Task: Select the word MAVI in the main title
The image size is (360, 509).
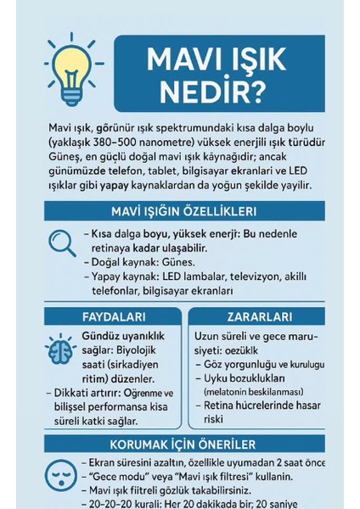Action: [x=183, y=59]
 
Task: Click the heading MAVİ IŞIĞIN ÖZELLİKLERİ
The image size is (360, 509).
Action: [x=183, y=210]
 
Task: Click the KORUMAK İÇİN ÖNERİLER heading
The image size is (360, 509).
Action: [x=183, y=444]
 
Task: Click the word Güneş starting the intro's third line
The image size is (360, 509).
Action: [x=65, y=157]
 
